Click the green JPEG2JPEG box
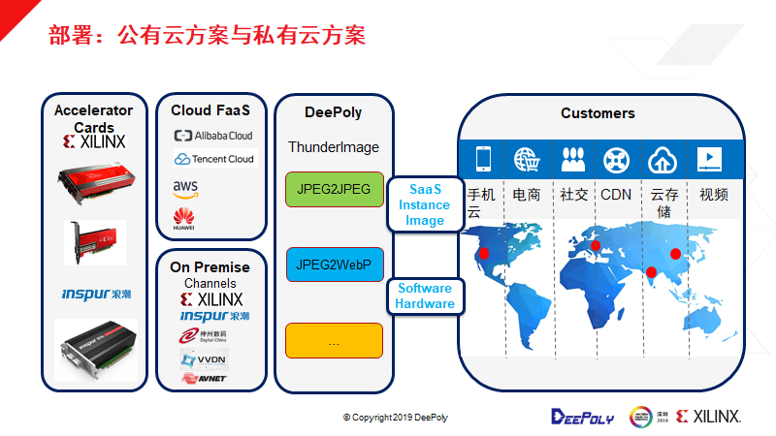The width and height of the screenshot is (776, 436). [x=335, y=189]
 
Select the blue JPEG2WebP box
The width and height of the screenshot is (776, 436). [x=335, y=265]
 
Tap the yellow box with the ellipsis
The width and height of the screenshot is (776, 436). [x=335, y=341]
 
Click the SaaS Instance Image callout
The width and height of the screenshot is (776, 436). [x=425, y=205]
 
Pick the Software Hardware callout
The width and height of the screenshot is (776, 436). [x=425, y=296]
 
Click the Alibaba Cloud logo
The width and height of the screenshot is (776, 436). [x=212, y=136]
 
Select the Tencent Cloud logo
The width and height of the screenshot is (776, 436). [x=213, y=159]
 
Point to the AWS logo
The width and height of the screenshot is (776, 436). [x=186, y=188]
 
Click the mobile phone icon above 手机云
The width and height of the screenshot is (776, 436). [x=482, y=159]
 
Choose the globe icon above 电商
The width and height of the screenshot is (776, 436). [x=527, y=159]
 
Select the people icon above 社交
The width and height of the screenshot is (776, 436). [x=572, y=159]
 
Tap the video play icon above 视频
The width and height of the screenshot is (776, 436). [x=708, y=159]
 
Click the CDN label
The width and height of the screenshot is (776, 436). [x=616, y=195]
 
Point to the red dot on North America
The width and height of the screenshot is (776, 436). [x=483, y=254]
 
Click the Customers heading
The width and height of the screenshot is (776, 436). [x=598, y=113]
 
